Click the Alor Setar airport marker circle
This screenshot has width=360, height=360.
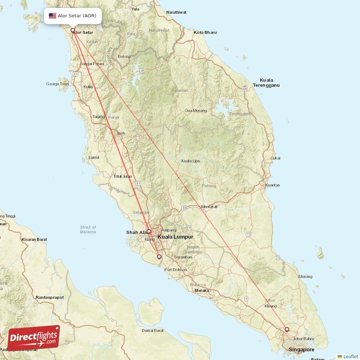click(x=73, y=31)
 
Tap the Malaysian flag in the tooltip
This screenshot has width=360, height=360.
click(x=53, y=16)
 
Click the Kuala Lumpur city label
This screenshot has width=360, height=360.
click(x=175, y=237)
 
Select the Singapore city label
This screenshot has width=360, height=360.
click(x=301, y=350)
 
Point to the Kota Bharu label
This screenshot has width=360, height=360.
click(x=205, y=32)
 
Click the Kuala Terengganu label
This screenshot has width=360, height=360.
click(x=266, y=82)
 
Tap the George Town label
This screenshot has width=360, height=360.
click(x=57, y=84)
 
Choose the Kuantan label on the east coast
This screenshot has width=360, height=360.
click(x=273, y=185)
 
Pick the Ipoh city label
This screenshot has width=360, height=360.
click(x=121, y=133)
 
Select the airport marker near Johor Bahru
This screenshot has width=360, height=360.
click(x=287, y=330)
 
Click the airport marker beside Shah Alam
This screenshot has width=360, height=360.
click(x=148, y=232)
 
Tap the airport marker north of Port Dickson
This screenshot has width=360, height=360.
click(x=159, y=257)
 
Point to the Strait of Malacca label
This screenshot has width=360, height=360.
click(x=88, y=229)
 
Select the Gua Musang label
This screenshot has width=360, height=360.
click(x=196, y=111)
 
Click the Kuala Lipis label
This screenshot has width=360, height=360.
click(x=191, y=161)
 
